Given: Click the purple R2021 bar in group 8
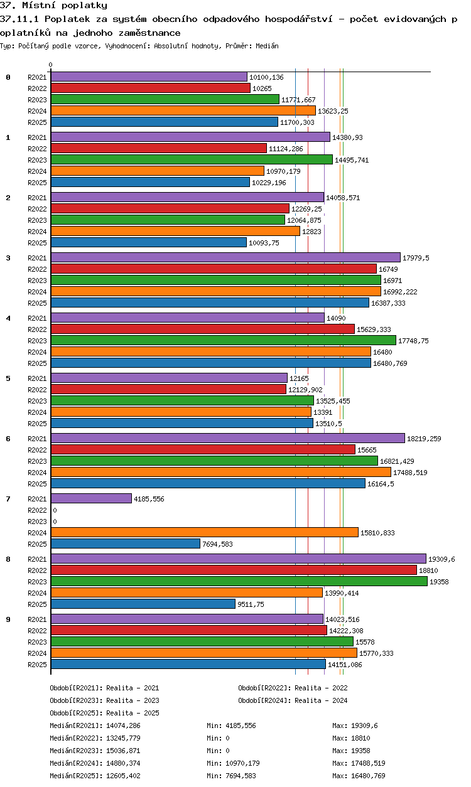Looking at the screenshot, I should tap(238, 559).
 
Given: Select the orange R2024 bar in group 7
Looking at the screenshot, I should tap(204, 533).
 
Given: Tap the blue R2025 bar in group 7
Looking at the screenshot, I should tap(125, 544).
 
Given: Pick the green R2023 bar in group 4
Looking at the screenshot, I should tap(223, 341).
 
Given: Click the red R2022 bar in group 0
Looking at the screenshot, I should tap(150, 88).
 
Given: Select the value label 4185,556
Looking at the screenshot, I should tap(149, 499).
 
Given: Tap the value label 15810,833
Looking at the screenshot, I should tap(377, 533).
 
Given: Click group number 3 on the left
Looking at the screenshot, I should tap(8, 258).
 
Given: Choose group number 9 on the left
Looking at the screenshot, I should tap(8, 619).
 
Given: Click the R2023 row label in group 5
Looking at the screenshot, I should tap(37, 401).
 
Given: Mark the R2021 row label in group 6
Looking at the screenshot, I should tap(37, 439).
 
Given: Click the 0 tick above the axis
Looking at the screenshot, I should tap(51, 65).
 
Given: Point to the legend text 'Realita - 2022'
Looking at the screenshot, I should tap(321, 688).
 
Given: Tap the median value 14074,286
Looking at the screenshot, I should tap(123, 725).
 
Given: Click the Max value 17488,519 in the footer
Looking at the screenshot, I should tap(359, 763).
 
